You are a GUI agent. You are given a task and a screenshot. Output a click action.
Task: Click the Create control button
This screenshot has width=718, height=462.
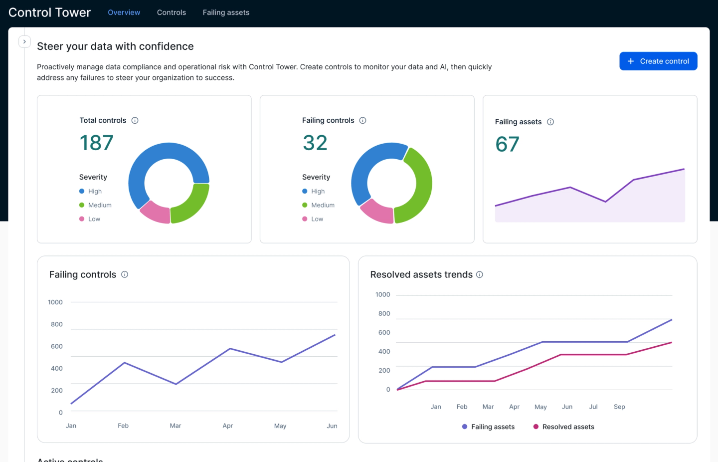(x=658, y=61)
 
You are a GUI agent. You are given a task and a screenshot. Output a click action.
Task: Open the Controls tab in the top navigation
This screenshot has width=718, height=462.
(x=171, y=12)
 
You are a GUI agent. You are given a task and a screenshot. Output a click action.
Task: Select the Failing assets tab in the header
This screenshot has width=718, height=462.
(x=226, y=12)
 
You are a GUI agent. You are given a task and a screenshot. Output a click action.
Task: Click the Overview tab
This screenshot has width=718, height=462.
(x=124, y=12)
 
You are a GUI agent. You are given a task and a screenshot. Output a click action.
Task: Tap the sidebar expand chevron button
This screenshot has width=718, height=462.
(x=24, y=42)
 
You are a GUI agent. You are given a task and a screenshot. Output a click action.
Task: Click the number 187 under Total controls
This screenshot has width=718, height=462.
(x=97, y=143)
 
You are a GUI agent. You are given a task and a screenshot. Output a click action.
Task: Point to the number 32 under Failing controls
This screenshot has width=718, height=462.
(x=315, y=143)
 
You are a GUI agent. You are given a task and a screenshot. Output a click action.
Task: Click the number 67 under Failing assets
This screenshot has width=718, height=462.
(x=507, y=145)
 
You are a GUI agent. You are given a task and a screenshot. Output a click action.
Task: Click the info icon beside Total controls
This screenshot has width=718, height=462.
(x=135, y=121)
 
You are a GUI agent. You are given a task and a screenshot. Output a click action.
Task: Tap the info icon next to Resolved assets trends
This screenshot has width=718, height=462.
(x=480, y=275)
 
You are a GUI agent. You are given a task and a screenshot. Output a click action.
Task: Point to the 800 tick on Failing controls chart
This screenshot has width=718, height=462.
(x=56, y=324)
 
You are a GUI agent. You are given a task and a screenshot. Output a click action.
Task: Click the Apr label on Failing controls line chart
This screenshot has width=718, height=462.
(x=227, y=426)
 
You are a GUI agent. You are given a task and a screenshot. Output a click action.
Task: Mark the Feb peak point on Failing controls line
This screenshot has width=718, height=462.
(x=124, y=363)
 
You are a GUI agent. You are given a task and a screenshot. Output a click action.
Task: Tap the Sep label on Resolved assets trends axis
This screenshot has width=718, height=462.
(x=619, y=407)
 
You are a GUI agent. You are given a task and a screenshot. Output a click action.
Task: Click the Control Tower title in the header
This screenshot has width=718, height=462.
(x=49, y=12)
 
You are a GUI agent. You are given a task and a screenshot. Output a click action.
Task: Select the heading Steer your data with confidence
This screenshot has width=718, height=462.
(x=115, y=46)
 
